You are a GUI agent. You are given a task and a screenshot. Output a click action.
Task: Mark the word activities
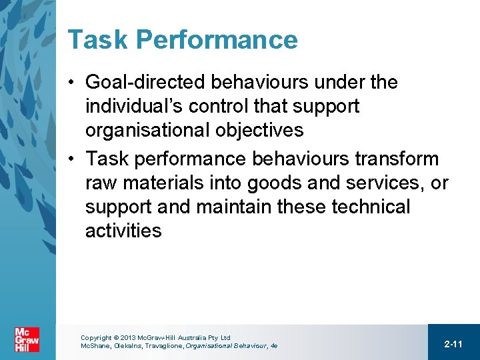coord(123,231)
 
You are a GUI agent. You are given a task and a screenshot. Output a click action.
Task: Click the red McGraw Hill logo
coord(27,340)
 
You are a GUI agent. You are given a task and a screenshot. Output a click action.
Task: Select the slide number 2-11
coord(453,344)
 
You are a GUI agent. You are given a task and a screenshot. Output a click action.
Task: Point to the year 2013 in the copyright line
coord(129,338)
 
